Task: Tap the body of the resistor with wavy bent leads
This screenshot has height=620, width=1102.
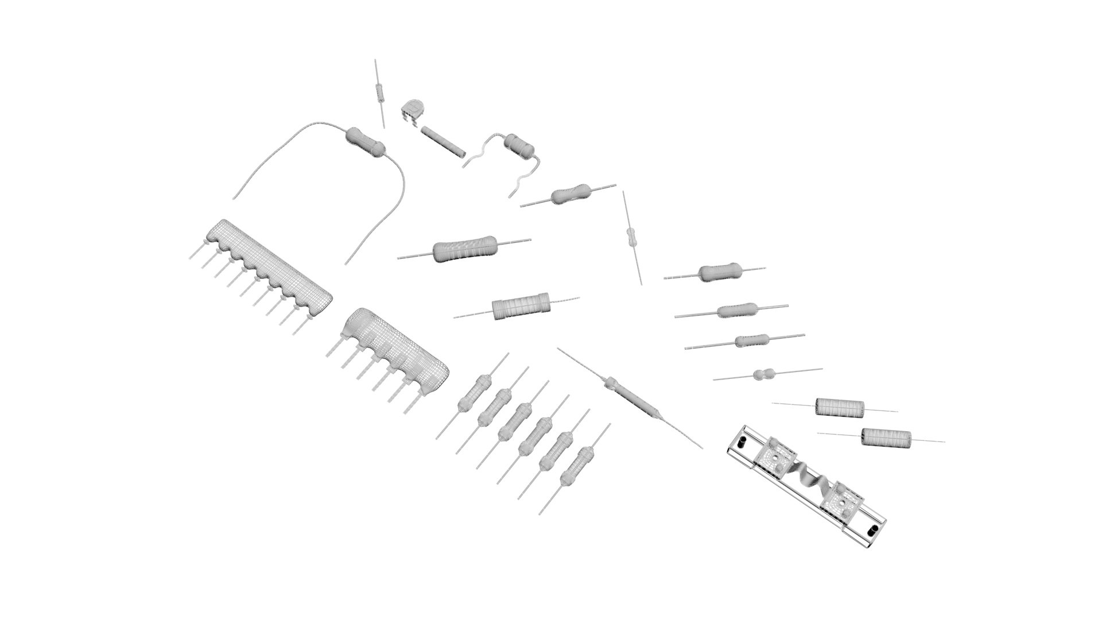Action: point(520,145)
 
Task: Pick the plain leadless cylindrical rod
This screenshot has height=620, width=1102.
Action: point(443,142)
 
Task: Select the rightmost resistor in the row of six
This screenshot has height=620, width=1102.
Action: point(576,463)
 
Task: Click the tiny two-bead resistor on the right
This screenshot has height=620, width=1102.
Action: point(763,375)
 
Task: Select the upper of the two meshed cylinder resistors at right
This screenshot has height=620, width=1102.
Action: point(839,407)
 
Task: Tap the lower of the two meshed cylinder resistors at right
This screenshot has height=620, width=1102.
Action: point(886,438)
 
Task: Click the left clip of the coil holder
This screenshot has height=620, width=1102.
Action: point(775,459)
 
